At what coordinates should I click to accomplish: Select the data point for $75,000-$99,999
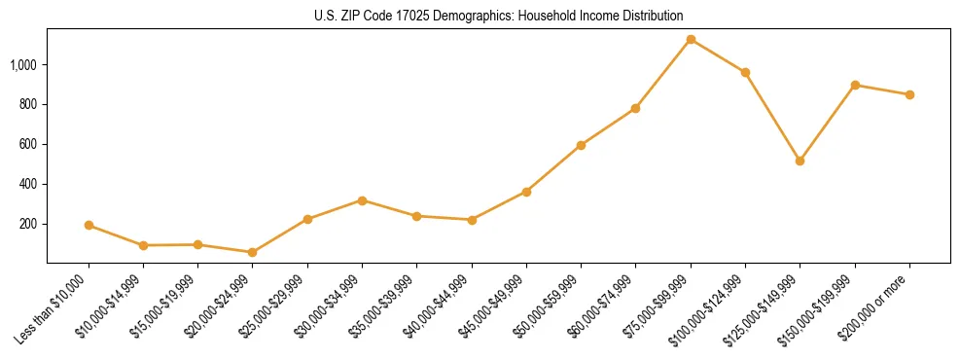click(691, 40)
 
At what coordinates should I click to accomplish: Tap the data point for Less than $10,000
click(89, 225)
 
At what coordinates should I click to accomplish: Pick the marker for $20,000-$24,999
click(253, 252)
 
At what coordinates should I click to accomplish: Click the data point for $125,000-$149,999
click(800, 161)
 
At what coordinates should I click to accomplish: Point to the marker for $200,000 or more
click(909, 94)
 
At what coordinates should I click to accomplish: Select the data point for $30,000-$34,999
click(362, 200)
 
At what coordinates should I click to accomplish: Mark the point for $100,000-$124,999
click(745, 72)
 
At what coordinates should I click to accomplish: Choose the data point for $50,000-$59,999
click(581, 145)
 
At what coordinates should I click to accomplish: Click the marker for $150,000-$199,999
click(855, 85)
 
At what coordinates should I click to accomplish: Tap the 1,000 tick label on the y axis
click(24, 65)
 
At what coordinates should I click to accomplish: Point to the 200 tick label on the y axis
click(29, 224)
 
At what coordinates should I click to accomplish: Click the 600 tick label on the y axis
click(29, 144)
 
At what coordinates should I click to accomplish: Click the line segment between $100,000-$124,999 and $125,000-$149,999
click(772, 117)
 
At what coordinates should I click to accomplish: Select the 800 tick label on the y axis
click(29, 104)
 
